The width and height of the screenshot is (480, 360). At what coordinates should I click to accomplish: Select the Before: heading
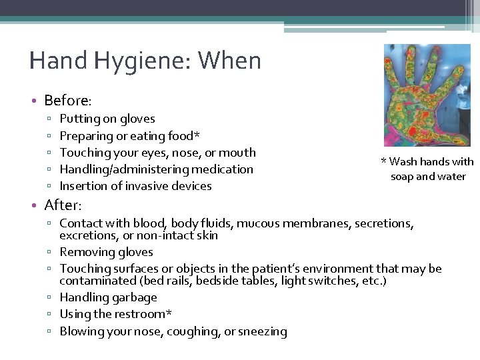pyautogui.click(x=67, y=101)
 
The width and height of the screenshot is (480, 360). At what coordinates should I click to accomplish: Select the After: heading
pyautogui.click(x=63, y=205)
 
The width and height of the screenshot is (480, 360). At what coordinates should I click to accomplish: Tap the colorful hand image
pyautogui.click(x=427, y=95)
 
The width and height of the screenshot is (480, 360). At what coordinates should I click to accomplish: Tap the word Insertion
pyautogui.click(x=83, y=186)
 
